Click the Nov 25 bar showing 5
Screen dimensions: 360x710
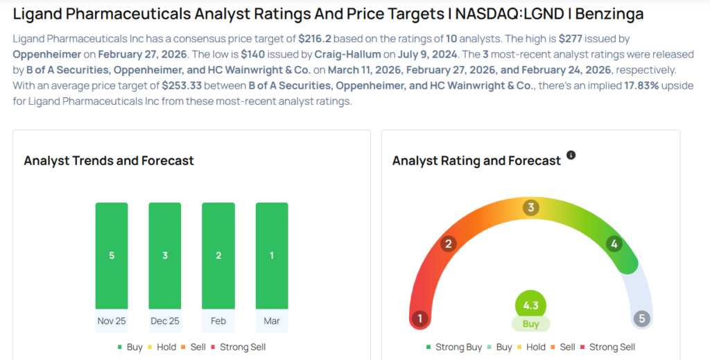pyautogui.click(x=112, y=255)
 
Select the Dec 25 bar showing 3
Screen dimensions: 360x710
pyautogui.click(x=165, y=255)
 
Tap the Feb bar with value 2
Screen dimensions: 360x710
pyautogui.click(x=218, y=255)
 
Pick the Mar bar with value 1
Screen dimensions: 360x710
pyautogui.click(x=272, y=255)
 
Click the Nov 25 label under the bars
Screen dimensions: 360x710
pyautogui.click(x=112, y=321)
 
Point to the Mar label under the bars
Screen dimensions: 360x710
pyautogui.click(x=272, y=321)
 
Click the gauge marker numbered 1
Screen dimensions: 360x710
pyautogui.click(x=419, y=319)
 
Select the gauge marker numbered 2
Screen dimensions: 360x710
pyautogui.click(x=449, y=243)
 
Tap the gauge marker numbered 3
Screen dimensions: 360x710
pyautogui.click(x=531, y=207)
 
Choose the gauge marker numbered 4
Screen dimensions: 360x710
pyautogui.click(x=613, y=243)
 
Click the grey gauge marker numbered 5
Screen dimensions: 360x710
pyautogui.click(x=642, y=319)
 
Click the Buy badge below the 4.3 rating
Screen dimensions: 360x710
pyautogui.click(x=531, y=323)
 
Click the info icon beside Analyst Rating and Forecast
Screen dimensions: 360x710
pyautogui.click(x=571, y=155)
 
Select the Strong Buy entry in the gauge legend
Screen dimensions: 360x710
pyautogui.click(x=454, y=347)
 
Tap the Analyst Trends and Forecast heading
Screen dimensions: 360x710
pyautogui.click(x=109, y=161)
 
